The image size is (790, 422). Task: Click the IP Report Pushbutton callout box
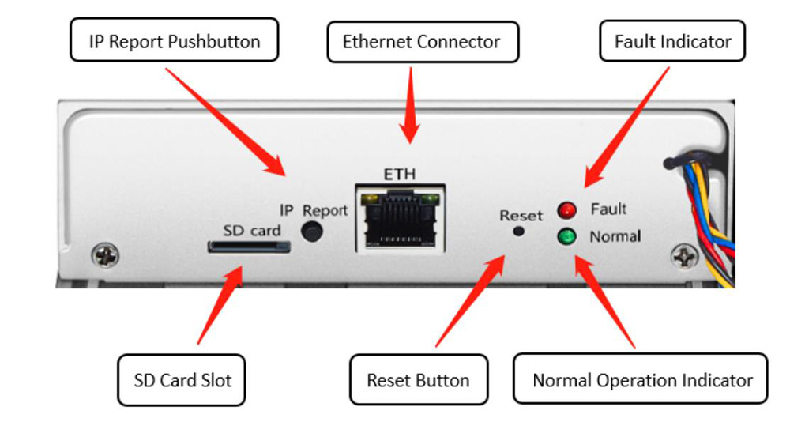click(x=174, y=41)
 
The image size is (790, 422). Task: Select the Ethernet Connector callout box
click(x=422, y=41)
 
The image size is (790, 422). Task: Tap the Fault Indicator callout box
click(x=672, y=41)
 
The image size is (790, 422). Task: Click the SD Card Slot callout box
click(x=182, y=380)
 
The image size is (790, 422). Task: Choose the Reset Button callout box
click(x=418, y=380)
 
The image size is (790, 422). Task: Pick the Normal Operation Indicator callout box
click(x=642, y=380)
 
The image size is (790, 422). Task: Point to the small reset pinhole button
click(x=519, y=231)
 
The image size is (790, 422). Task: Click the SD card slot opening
click(x=249, y=247)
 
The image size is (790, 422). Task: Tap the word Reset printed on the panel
click(x=521, y=215)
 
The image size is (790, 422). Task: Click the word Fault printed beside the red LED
click(x=608, y=209)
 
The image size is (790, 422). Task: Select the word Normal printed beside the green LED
click(x=615, y=235)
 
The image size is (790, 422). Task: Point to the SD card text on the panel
click(x=251, y=230)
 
